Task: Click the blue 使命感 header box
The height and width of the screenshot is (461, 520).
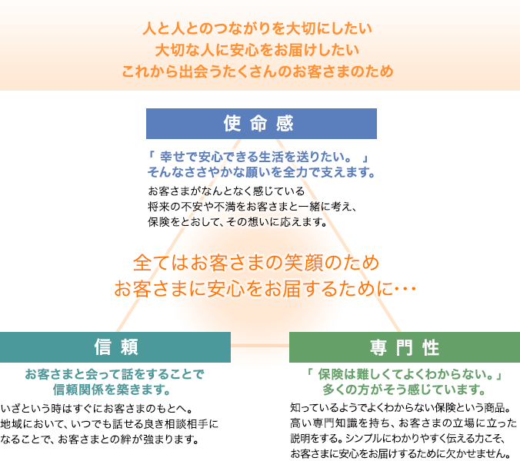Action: click(x=262, y=124)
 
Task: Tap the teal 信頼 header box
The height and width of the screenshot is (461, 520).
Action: click(x=115, y=347)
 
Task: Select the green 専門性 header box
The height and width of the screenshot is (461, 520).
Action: click(x=405, y=347)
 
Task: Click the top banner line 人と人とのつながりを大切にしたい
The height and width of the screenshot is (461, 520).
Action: click(x=258, y=28)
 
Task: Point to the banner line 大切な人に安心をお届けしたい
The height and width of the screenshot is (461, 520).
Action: click(x=258, y=50)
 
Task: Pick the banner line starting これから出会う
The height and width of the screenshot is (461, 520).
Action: click(x=258, y=71)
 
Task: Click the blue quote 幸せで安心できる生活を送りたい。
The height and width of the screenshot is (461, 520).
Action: click(x=255, y=157)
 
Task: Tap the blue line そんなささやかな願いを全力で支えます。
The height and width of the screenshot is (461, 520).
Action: click(x=262, y=172)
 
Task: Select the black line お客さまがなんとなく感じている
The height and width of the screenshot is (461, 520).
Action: click(x=226, y=191)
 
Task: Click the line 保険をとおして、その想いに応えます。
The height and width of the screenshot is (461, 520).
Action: click(x=238, y=221)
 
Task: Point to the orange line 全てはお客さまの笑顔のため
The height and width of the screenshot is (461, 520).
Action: click(x=256, y=263)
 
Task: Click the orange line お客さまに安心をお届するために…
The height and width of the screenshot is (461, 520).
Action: click(x=265, y=288)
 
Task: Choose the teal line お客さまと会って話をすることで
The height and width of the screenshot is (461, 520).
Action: click(x=115, y=374)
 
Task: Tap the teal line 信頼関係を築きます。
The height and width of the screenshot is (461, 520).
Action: click(x=112, y=390)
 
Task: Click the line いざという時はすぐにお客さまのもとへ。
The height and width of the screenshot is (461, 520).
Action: click(x=97, y=409)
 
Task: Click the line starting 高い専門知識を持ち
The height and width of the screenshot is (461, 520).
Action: click(x=404, y=423)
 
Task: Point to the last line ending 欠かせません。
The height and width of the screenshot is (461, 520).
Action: click(x=401, y=453)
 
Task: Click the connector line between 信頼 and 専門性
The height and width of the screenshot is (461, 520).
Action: click(x=260, y=346)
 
